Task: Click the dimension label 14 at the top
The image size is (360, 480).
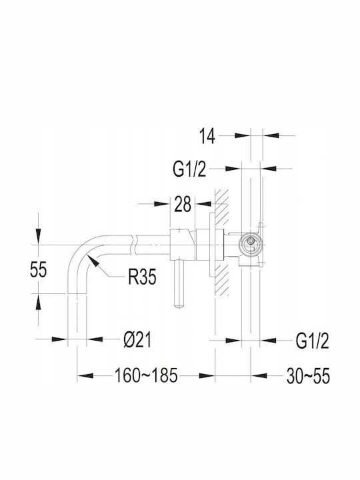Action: tap(207, 136)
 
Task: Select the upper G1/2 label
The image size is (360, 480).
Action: tap(189, 169)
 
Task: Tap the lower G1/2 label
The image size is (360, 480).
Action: tap(312, 341)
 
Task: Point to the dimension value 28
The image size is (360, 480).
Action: tap(183, 204)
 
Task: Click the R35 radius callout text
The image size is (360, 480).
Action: tap(142, 277)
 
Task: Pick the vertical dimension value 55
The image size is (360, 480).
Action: tap(39, 270)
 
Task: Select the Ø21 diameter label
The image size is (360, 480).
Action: tap(137, 340)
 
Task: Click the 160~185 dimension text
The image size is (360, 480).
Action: tap(146, 375)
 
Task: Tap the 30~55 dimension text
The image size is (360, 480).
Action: tap(308, 376)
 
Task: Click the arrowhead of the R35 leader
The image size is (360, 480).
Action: tap(93, 261)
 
